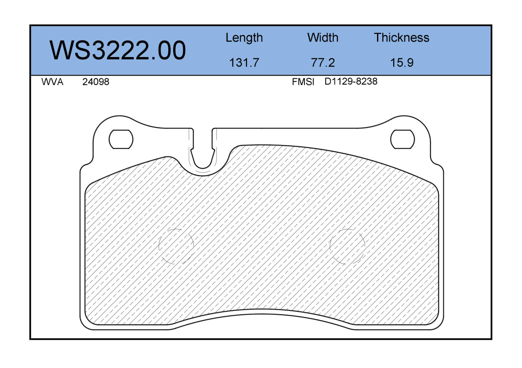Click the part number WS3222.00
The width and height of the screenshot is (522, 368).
(x=118, y=50)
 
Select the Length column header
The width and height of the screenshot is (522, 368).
(x=244, y=38)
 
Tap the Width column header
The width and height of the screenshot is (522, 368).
(x=323, y=37)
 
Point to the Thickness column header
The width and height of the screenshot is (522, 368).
(x=402, y=37)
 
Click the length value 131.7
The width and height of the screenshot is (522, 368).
(x=244, y=63)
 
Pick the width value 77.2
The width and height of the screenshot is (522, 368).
(x=323, y=63)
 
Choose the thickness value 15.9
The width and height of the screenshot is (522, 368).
(x=402, y=63)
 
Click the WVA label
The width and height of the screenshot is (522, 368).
(x=53, y=82)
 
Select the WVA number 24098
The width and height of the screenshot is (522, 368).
(x=96, y=82)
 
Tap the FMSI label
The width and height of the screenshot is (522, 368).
(x=303, y=82)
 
